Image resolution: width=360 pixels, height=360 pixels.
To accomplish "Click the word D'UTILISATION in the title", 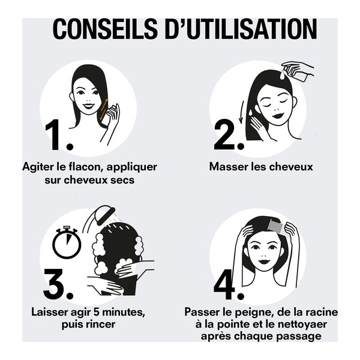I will pyautogui.click(x=240, y=28).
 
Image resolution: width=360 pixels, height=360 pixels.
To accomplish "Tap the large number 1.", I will pyautogui.click(x=58, y=135).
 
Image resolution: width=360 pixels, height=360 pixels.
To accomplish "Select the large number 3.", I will pyautogui.click(x=58, y=284).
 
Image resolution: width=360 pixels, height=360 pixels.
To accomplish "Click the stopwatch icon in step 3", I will pyautogui.click(x=66, y=243).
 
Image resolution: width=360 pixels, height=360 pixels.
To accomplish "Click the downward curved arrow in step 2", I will pyautogui.click(x=242, y=112).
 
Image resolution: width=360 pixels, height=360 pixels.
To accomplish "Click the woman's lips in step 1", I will pyautogui.click(x=88, y=106).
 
